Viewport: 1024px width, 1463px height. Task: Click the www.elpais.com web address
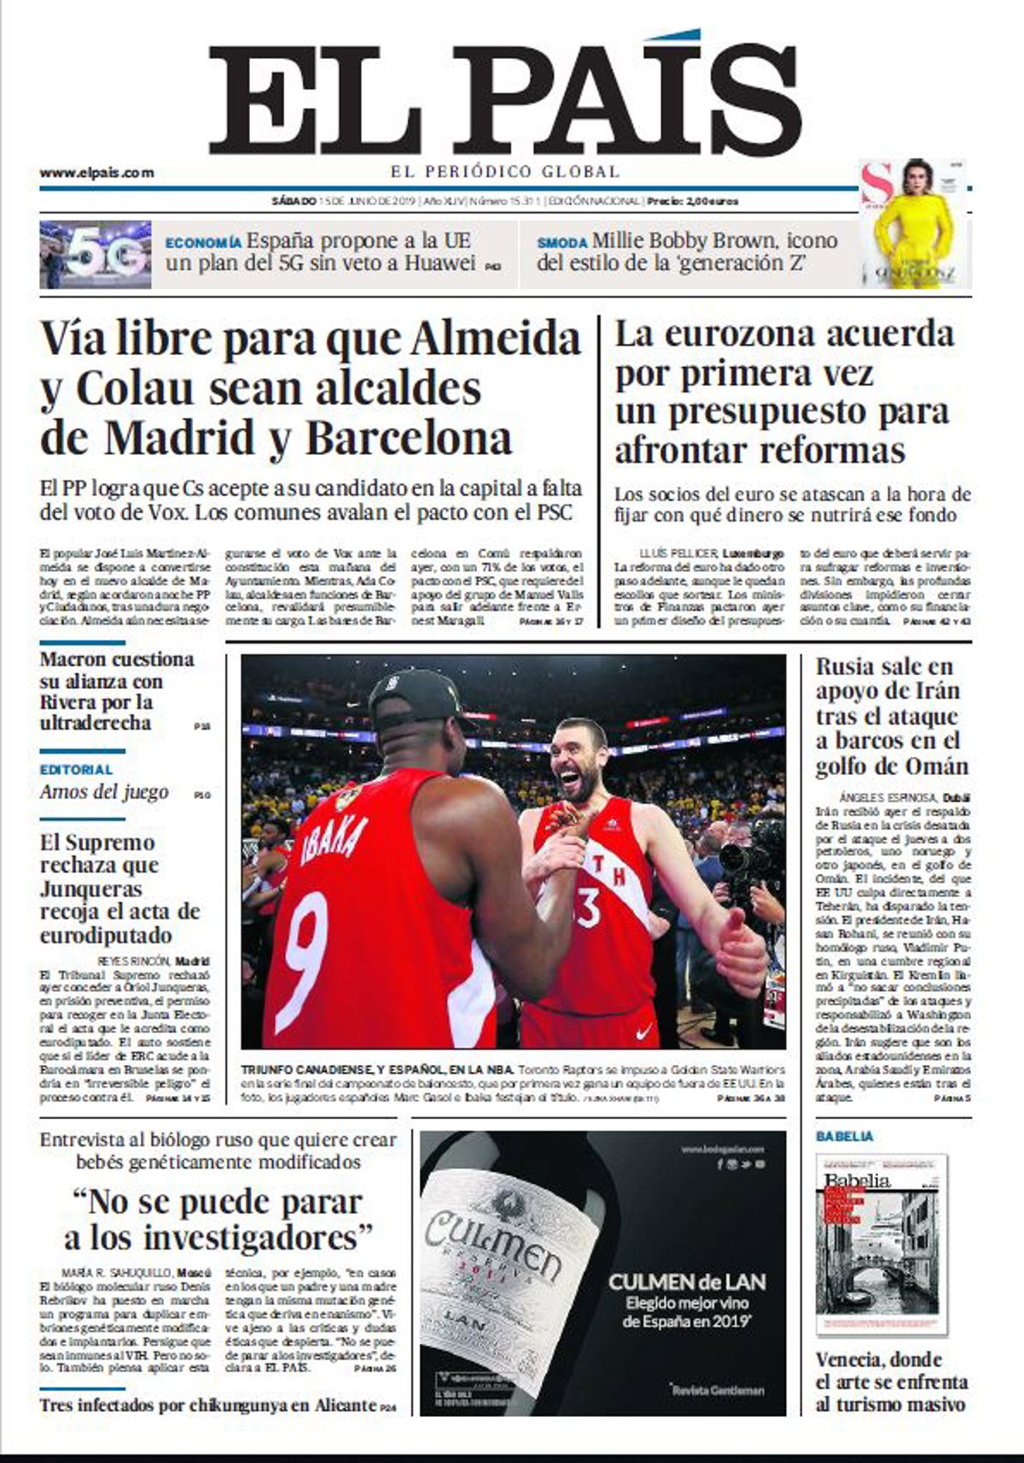click(96, 172)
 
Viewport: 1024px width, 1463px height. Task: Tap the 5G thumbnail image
click(96, 254)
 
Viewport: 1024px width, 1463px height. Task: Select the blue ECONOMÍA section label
click(203, 243)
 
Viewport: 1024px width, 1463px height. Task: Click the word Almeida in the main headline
click(495, 339)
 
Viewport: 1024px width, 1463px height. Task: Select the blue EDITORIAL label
click(76, 770)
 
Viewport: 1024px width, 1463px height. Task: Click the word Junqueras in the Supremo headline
click(90, 889)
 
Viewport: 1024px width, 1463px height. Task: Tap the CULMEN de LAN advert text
click(687, 1281)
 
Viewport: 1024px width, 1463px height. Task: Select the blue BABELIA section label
click(845, 1137)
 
